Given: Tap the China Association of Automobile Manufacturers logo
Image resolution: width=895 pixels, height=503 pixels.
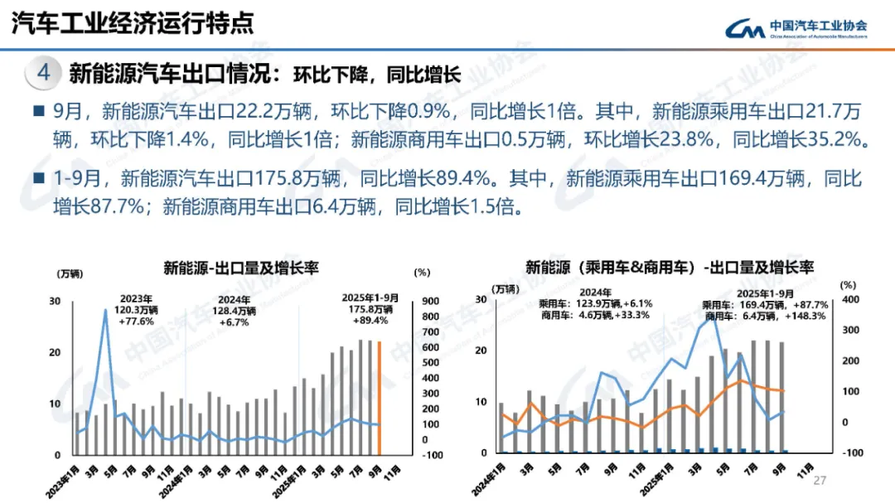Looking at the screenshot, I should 796,29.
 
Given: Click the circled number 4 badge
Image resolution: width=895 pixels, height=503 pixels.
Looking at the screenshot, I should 44,73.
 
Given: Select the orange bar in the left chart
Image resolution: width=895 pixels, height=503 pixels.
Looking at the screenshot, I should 380,398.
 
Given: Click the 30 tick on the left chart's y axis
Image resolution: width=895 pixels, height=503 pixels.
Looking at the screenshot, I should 56,301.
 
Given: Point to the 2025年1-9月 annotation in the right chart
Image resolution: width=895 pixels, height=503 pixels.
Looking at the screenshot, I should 764,293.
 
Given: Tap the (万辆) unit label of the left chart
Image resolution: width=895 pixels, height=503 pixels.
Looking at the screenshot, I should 70,273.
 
